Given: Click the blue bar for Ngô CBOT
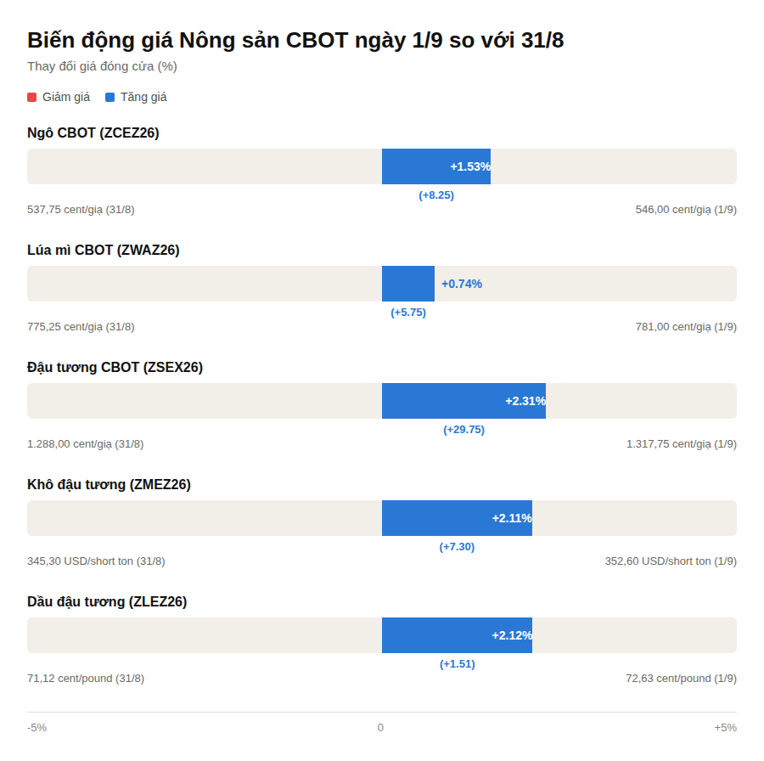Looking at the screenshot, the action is tap(436, 166).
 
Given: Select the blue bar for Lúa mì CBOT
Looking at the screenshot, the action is tap(408, 284).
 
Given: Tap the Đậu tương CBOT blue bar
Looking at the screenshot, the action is tap(463, 401).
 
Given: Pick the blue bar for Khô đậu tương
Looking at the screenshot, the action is tap(457, 518).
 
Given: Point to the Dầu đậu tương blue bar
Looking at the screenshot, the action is tap(457, 635).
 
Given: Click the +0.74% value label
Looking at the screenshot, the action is tap(462, 284).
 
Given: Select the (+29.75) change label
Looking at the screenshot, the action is tap(463, 430).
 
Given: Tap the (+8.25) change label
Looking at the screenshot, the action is tap(436, 195).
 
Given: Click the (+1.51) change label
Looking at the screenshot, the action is tap(457, 664).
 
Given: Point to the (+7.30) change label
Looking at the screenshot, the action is tap(457, 546).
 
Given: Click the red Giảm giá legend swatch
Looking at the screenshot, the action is tap(32, 97).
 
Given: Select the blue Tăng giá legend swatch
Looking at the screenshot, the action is tap(110, 97).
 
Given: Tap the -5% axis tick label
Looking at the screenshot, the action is tap(37, 727).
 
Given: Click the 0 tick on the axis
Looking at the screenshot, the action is tap(380, 727).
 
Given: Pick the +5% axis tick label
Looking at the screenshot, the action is tap(726, 727).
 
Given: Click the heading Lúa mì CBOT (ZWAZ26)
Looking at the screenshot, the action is tap(104, 250).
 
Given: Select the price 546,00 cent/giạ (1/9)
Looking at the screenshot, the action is tap(686, 210).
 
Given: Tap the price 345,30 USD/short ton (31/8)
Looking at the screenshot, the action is tap(96, 561).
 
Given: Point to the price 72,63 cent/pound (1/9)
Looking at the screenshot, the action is tap(681, 679).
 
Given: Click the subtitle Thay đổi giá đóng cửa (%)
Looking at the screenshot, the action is tap(102, 66).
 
